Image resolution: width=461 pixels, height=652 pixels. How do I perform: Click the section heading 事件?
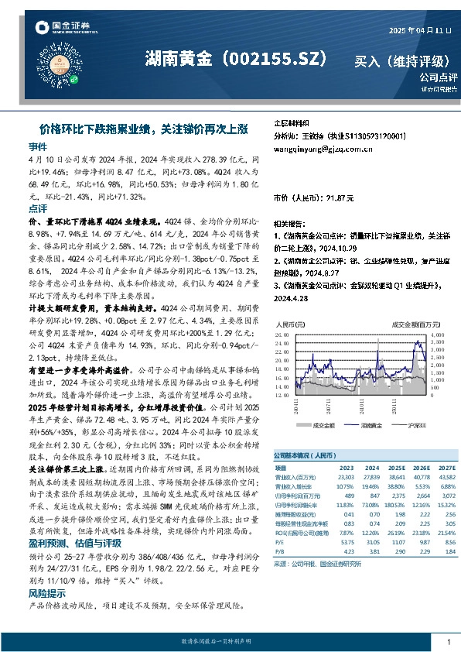37,146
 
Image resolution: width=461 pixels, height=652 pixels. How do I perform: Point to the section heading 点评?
37,209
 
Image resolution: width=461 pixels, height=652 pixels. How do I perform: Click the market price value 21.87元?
339,199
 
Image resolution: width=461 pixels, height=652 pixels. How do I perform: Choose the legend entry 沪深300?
415,426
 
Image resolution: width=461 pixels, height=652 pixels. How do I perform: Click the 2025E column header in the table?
398,468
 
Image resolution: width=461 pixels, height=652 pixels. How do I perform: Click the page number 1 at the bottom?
449,642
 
